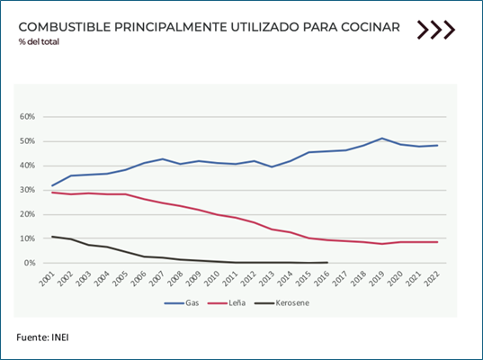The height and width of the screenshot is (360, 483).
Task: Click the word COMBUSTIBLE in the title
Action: (65, 27)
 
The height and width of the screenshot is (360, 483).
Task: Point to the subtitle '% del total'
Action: (39, 41)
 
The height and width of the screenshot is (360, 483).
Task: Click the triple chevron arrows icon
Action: (436, 30)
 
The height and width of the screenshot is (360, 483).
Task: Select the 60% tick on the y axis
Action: (27, 116)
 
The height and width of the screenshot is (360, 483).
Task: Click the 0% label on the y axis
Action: (30, 263)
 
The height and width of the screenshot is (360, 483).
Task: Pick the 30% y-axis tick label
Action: (27, 190)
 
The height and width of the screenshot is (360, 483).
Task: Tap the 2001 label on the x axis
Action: (47, 278)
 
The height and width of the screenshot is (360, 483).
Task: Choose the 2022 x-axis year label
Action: (432, 278)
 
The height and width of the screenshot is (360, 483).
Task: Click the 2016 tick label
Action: (322, 278)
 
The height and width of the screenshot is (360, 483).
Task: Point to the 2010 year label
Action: (211, 278)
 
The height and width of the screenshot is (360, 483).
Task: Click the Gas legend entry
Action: (182, 303)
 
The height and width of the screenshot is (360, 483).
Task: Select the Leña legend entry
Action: (227, 303)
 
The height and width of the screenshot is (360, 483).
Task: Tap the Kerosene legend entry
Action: (282, 303)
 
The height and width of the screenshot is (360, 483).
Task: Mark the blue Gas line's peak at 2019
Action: (382, 138)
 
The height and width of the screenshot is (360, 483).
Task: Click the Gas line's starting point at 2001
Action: (52, 185)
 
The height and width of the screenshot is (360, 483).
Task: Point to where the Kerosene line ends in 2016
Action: (327, 262)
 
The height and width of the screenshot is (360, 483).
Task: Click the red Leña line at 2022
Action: (437, 242)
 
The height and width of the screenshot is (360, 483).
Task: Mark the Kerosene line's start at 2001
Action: (52, 237)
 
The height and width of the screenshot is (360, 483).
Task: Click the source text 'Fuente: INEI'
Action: (42, 337)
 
